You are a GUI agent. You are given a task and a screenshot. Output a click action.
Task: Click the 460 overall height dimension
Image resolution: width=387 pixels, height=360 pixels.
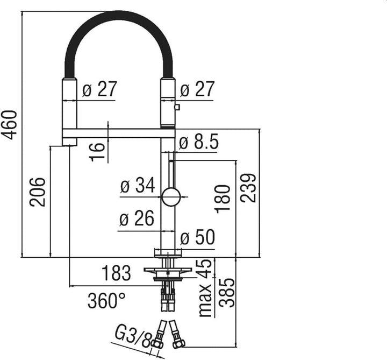click(x=9, y=125)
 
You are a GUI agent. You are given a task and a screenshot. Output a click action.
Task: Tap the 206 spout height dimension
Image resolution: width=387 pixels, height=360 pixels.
click(x=38, y=192)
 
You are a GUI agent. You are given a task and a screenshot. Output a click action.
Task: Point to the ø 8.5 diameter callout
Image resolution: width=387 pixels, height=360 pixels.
click(x=199, y=142)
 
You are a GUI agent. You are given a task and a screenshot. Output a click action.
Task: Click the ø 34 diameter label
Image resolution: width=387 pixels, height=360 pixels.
click(x=138, y=185)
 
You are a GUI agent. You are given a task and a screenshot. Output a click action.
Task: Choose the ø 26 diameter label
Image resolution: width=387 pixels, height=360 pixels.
click(x=137, y=218)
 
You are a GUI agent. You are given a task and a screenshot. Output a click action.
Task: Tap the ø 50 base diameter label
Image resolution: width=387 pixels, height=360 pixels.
click(x=198, y=237)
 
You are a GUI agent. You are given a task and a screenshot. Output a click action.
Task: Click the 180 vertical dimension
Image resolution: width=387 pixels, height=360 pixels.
click(x=223, y=199)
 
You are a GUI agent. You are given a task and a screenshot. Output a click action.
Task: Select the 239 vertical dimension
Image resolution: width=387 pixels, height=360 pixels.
click(x=248, y=188)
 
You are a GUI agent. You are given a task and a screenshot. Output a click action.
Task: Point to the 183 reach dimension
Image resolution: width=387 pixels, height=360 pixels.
click(x=116, y=273)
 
